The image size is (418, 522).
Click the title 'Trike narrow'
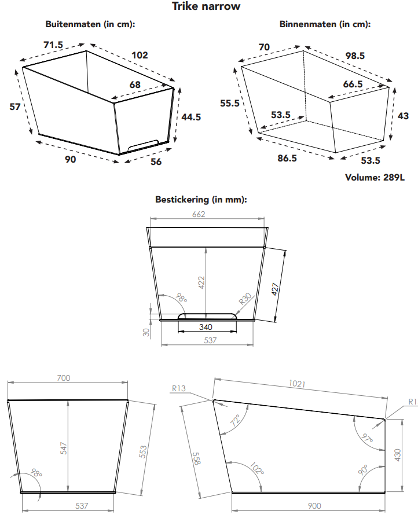(x=206, y=6)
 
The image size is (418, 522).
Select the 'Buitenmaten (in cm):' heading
(x=90, y=24)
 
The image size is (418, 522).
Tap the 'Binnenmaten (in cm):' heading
(x=325, y=24)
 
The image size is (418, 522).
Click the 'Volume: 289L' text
(x=375, y=178)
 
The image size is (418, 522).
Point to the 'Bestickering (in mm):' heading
(x=201, y=200)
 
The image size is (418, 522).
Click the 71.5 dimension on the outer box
(x=53, y=45)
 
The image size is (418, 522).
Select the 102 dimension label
(x=140, y=55)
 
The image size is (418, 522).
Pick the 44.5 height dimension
(x=191, y=117)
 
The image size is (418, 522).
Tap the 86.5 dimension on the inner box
(x=287, y=158)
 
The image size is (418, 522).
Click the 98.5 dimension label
(x=355, y=56)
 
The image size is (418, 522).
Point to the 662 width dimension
(x=199, y=214)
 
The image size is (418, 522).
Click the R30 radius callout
(x=245, y=299)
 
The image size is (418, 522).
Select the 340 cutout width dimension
(x=206, y=327)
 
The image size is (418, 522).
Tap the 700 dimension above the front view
(x=64, y=378)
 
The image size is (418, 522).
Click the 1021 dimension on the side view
(x=297, y=384)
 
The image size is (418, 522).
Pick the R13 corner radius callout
(x=179, y=388)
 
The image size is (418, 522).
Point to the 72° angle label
(x=236, y=421)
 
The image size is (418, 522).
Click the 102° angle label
(x=257, y=468)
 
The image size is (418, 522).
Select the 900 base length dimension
(x=314, y=506)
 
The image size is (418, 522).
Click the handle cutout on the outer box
(x=144, y=145)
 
